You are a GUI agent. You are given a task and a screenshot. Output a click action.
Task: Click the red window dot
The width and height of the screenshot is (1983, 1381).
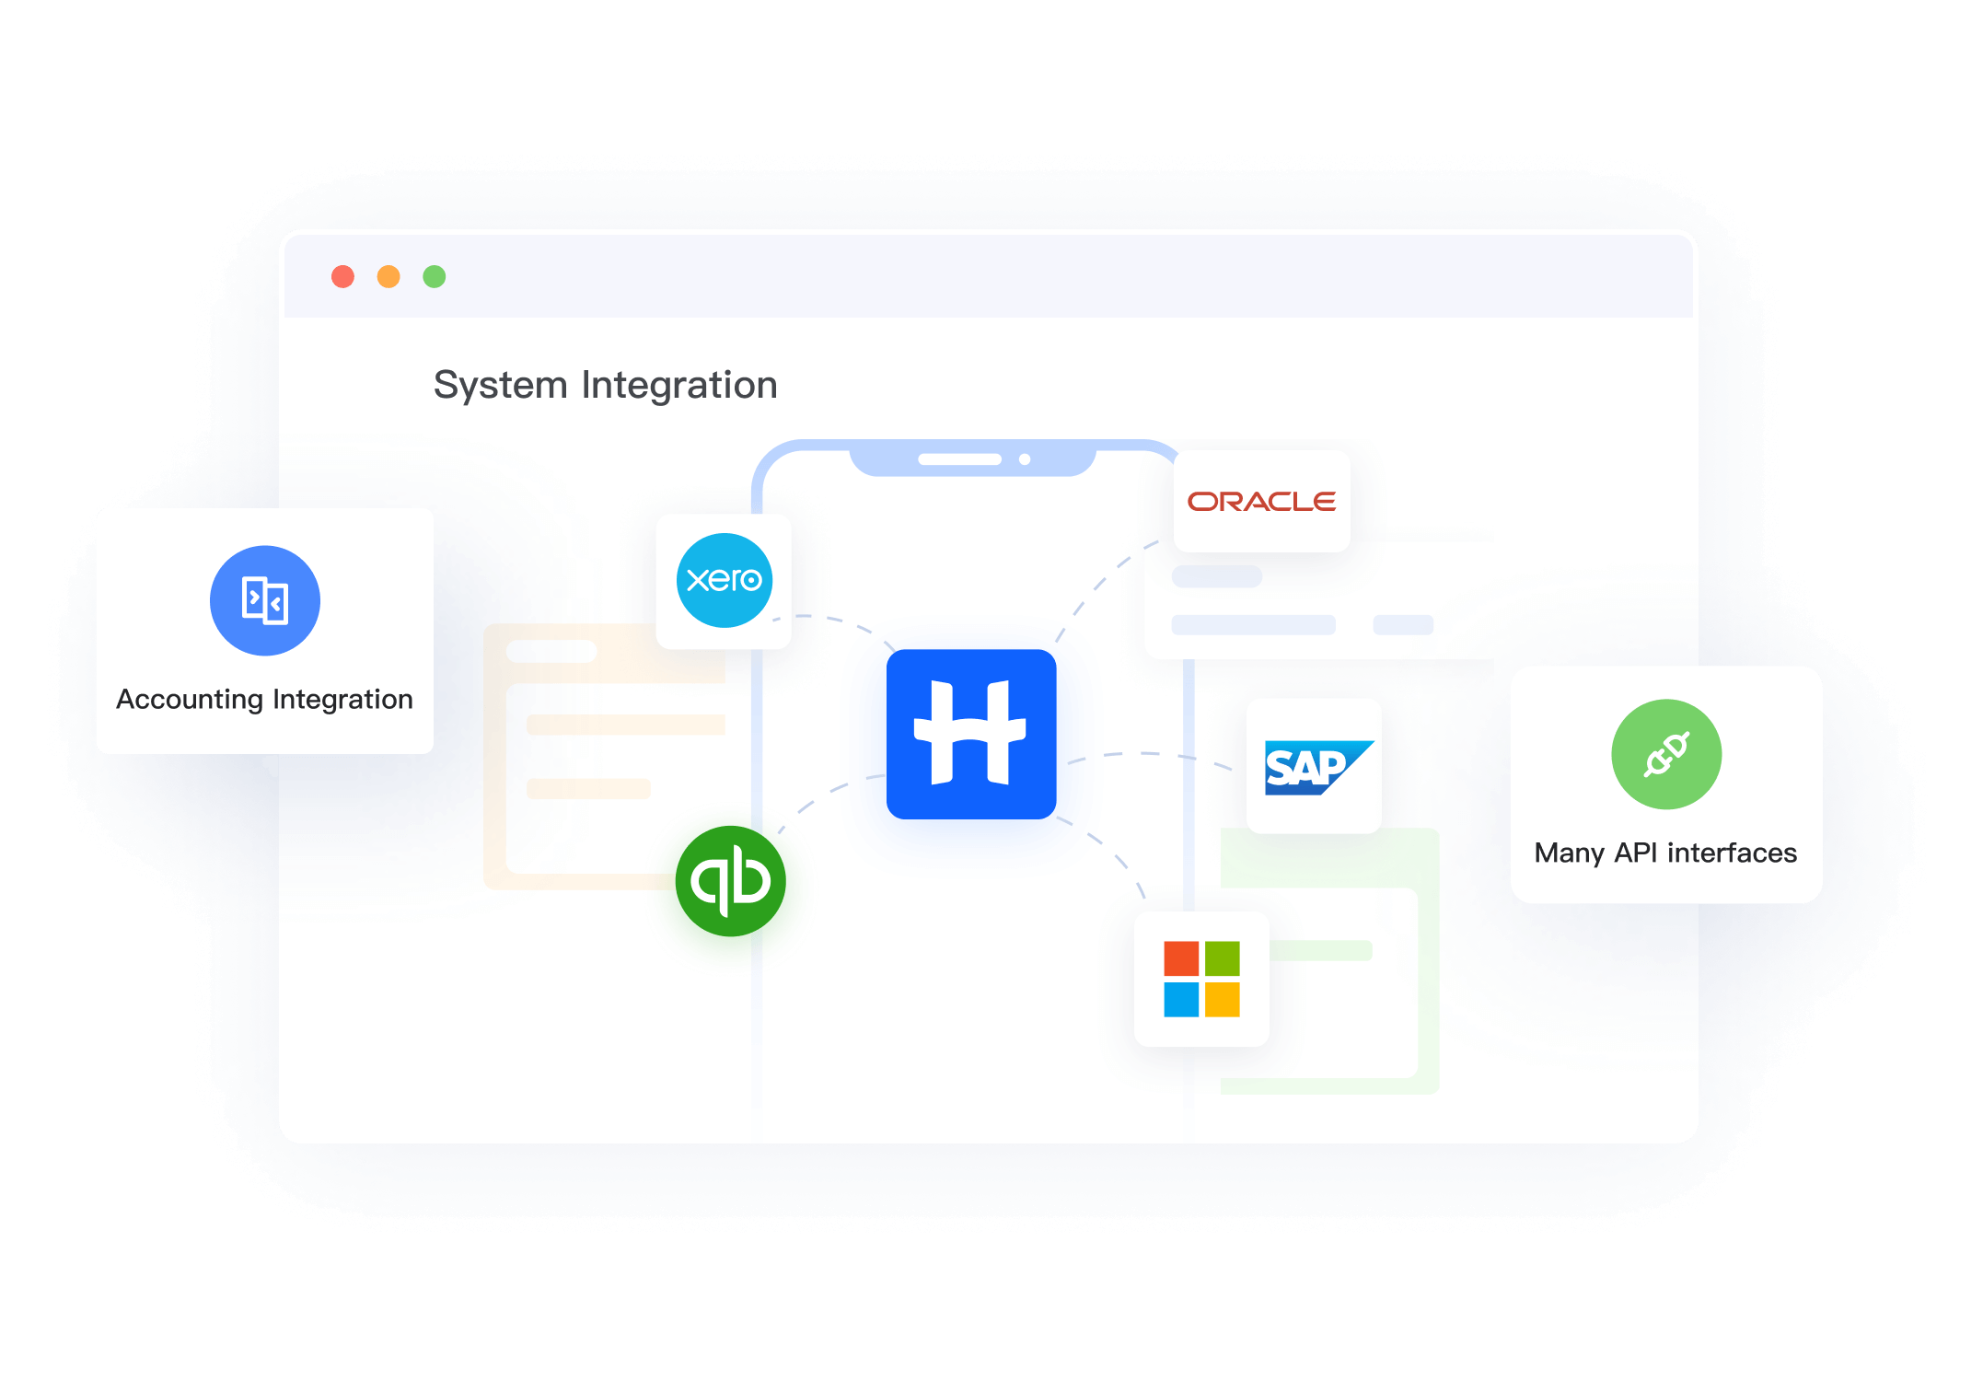[342, 276]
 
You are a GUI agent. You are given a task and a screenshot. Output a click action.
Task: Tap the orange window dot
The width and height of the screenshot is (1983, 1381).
[388, 276]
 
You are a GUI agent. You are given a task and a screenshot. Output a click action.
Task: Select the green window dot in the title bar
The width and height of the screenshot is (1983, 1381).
[435, 276]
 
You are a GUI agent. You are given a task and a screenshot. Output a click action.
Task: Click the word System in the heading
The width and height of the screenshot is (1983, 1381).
[500, 385]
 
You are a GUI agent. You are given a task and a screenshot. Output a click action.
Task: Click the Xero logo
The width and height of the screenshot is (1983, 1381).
[725, 580]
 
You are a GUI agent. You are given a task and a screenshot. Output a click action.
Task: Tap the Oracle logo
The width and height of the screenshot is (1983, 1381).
[1261, 502]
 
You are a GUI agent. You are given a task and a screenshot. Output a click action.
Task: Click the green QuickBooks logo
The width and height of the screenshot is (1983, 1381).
[731, 881]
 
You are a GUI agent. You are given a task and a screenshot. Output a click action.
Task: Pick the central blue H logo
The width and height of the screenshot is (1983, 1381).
[971, 734]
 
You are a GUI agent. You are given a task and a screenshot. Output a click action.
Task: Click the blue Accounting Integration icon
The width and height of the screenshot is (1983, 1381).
[265, 600]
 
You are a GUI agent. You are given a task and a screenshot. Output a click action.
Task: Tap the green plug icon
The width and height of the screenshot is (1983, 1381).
[1666, 754]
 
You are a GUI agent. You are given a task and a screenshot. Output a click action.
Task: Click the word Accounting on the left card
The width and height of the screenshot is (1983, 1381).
[190, 700]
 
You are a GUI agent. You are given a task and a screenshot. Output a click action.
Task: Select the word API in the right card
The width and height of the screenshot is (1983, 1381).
[1636, 853]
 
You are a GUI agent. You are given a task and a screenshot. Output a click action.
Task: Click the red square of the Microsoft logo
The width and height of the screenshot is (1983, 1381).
[1181, 958]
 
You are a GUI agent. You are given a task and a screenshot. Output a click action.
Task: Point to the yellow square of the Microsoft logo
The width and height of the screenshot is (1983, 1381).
[1223, 1000]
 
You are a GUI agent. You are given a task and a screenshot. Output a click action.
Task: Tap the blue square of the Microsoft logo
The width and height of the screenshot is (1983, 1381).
[1181, 1000]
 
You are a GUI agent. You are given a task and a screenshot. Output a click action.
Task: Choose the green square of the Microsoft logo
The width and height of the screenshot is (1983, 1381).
[1223, 958]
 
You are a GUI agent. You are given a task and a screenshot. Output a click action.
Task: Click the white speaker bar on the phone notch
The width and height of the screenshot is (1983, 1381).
[959, 459]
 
